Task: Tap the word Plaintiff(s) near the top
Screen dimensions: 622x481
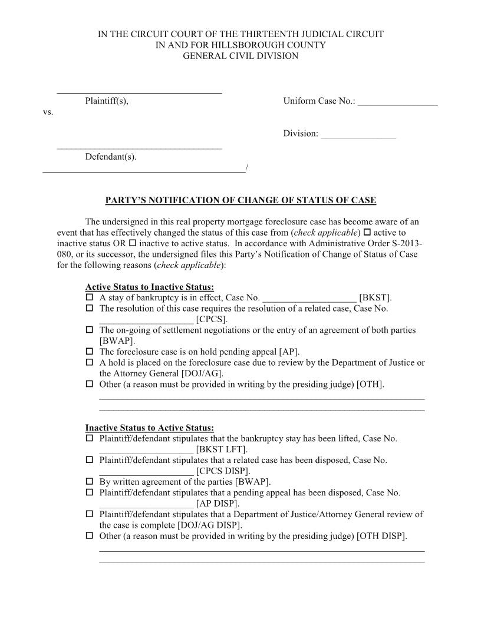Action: point(107,101)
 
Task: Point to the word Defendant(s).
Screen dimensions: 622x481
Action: point(111,157)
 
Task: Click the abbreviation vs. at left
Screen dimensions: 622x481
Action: point(48,112)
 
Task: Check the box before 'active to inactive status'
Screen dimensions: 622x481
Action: point(367,233)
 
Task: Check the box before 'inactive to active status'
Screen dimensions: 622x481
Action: point(133,243)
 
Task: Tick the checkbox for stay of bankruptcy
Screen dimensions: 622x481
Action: point(90,297)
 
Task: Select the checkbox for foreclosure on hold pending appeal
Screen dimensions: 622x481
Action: point(90,352)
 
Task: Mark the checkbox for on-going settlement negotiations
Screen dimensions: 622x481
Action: point(90,330)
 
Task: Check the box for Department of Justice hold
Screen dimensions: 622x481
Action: point(90,362)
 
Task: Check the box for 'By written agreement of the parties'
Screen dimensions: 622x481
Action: point(90,481)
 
